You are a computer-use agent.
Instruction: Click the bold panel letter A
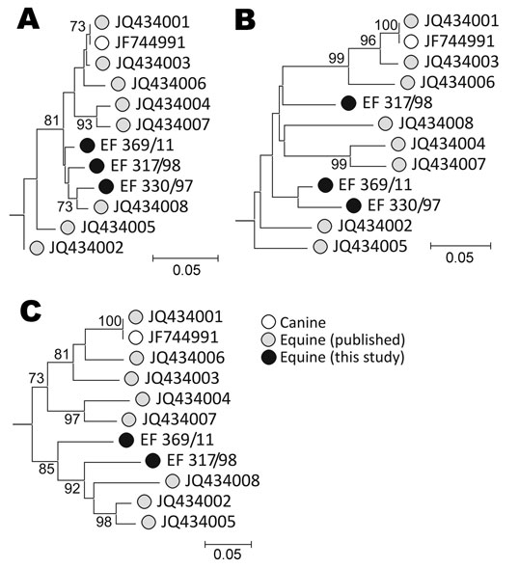pos(28,19)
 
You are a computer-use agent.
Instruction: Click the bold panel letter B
pos(245,19)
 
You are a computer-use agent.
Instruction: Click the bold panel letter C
pos(31,311)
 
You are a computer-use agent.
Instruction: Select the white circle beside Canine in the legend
pos(268,322)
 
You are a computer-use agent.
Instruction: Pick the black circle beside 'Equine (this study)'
pos(268,357)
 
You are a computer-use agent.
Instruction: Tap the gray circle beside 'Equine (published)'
pos(268,339)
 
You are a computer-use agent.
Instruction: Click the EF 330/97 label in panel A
pos(156,186)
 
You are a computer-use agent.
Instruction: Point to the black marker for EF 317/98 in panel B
pos(348,103)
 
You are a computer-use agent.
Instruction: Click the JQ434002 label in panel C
pos(194,501)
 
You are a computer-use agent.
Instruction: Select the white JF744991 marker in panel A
pos(102,43)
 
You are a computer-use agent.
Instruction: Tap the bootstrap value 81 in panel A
pos(51,121)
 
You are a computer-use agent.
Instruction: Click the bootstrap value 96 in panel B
pos(368,41)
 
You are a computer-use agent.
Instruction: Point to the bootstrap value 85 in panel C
pos(46,469)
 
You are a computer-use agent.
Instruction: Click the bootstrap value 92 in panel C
pos(71,488)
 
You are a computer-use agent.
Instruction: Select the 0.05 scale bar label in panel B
pos(459,257)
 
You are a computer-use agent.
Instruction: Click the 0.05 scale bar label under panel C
pos(228,554)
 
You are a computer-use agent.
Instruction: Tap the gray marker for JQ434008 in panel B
pos(385,123)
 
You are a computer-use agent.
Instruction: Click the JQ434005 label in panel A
pos(118,228)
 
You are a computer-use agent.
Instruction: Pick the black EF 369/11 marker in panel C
pos(126,440)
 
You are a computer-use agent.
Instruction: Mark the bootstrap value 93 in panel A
pos(85,124)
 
